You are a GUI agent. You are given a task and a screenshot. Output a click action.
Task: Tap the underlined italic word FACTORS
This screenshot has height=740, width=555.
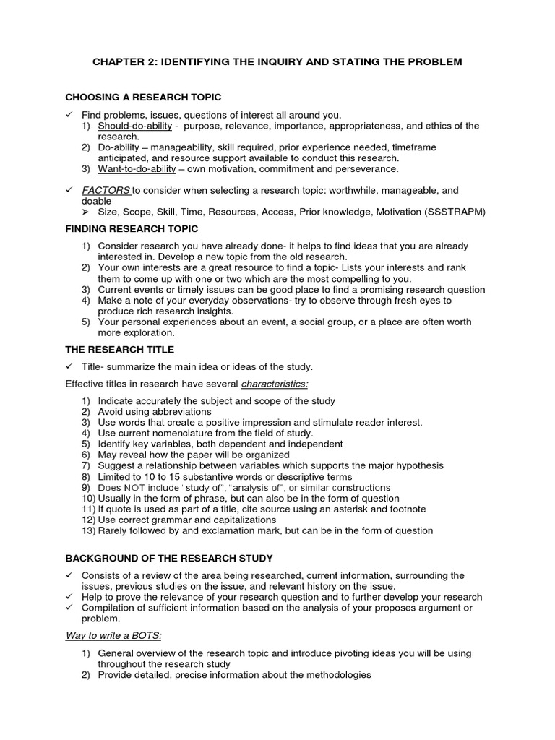coord(106,191)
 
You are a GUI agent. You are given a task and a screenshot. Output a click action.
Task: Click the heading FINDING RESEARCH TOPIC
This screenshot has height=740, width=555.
coord(132,229)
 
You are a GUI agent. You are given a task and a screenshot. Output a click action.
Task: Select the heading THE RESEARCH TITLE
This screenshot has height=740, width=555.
coord(119,350)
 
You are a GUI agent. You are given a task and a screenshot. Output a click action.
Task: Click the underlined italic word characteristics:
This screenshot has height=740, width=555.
coord(274,384)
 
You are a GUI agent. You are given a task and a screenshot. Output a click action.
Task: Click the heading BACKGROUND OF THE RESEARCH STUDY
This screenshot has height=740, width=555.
coord(169,559)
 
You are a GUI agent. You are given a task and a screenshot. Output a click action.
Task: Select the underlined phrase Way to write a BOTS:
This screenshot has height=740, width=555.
coord(113,635)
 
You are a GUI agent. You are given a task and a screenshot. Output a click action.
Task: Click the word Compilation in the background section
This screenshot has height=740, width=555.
coord(109,608)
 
